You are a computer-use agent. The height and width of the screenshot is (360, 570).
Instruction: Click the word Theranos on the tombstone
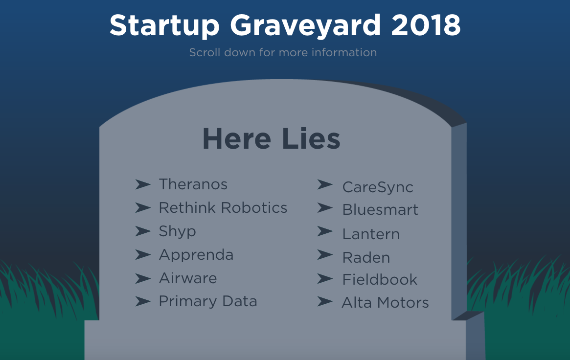pyautogui.click(x=193, y=184)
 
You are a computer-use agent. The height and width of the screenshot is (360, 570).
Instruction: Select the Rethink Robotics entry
pyautogui.click(x=223, y=208)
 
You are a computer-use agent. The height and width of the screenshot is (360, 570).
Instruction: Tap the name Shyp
pyautogui.click(x=178, y=232)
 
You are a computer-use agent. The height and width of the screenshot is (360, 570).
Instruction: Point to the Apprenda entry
pyautogui.click(x=196, y=255)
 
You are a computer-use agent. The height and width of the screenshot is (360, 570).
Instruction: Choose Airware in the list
pyautogui.click(x=187, y=278)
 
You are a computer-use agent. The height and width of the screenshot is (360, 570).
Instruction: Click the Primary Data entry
pyautogui.click(x=208, y=301)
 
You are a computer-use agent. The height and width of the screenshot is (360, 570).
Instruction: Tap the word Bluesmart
pyautogui.click(x=380, y=210)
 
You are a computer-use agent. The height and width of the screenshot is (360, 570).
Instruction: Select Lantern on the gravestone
pyautogui.click(x=371, y=234)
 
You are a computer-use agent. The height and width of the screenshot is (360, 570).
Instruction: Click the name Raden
pyautogui.click(x=366, y=258)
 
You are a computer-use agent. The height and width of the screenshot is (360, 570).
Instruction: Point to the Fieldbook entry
pyautogui.click(x=380, y=279)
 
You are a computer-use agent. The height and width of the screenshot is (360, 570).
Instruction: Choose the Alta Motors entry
pyautogui.click(x=386, y=303)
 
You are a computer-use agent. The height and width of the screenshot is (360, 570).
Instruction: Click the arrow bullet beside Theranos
pyautogui.click(x=143, y=184)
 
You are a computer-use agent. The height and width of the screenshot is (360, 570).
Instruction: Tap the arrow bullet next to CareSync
pyautogui.click(x=324, y=184)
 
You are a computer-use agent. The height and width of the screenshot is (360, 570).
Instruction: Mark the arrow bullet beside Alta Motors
pyautogui.click(x=324, y=301)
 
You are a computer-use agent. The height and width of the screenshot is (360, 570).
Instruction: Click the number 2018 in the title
pyautogui.click(x=426, y=25)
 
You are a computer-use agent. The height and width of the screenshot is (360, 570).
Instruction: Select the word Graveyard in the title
pyautogui.click(x=305, y=26)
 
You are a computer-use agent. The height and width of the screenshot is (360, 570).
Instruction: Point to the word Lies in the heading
pyautogui.click(x=311, y=139)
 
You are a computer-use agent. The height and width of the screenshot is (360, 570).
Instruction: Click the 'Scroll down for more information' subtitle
pyautogui.click(x=283, y=52)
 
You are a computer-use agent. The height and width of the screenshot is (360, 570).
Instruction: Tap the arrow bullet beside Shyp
pyautogui.click(x=143, y=231)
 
